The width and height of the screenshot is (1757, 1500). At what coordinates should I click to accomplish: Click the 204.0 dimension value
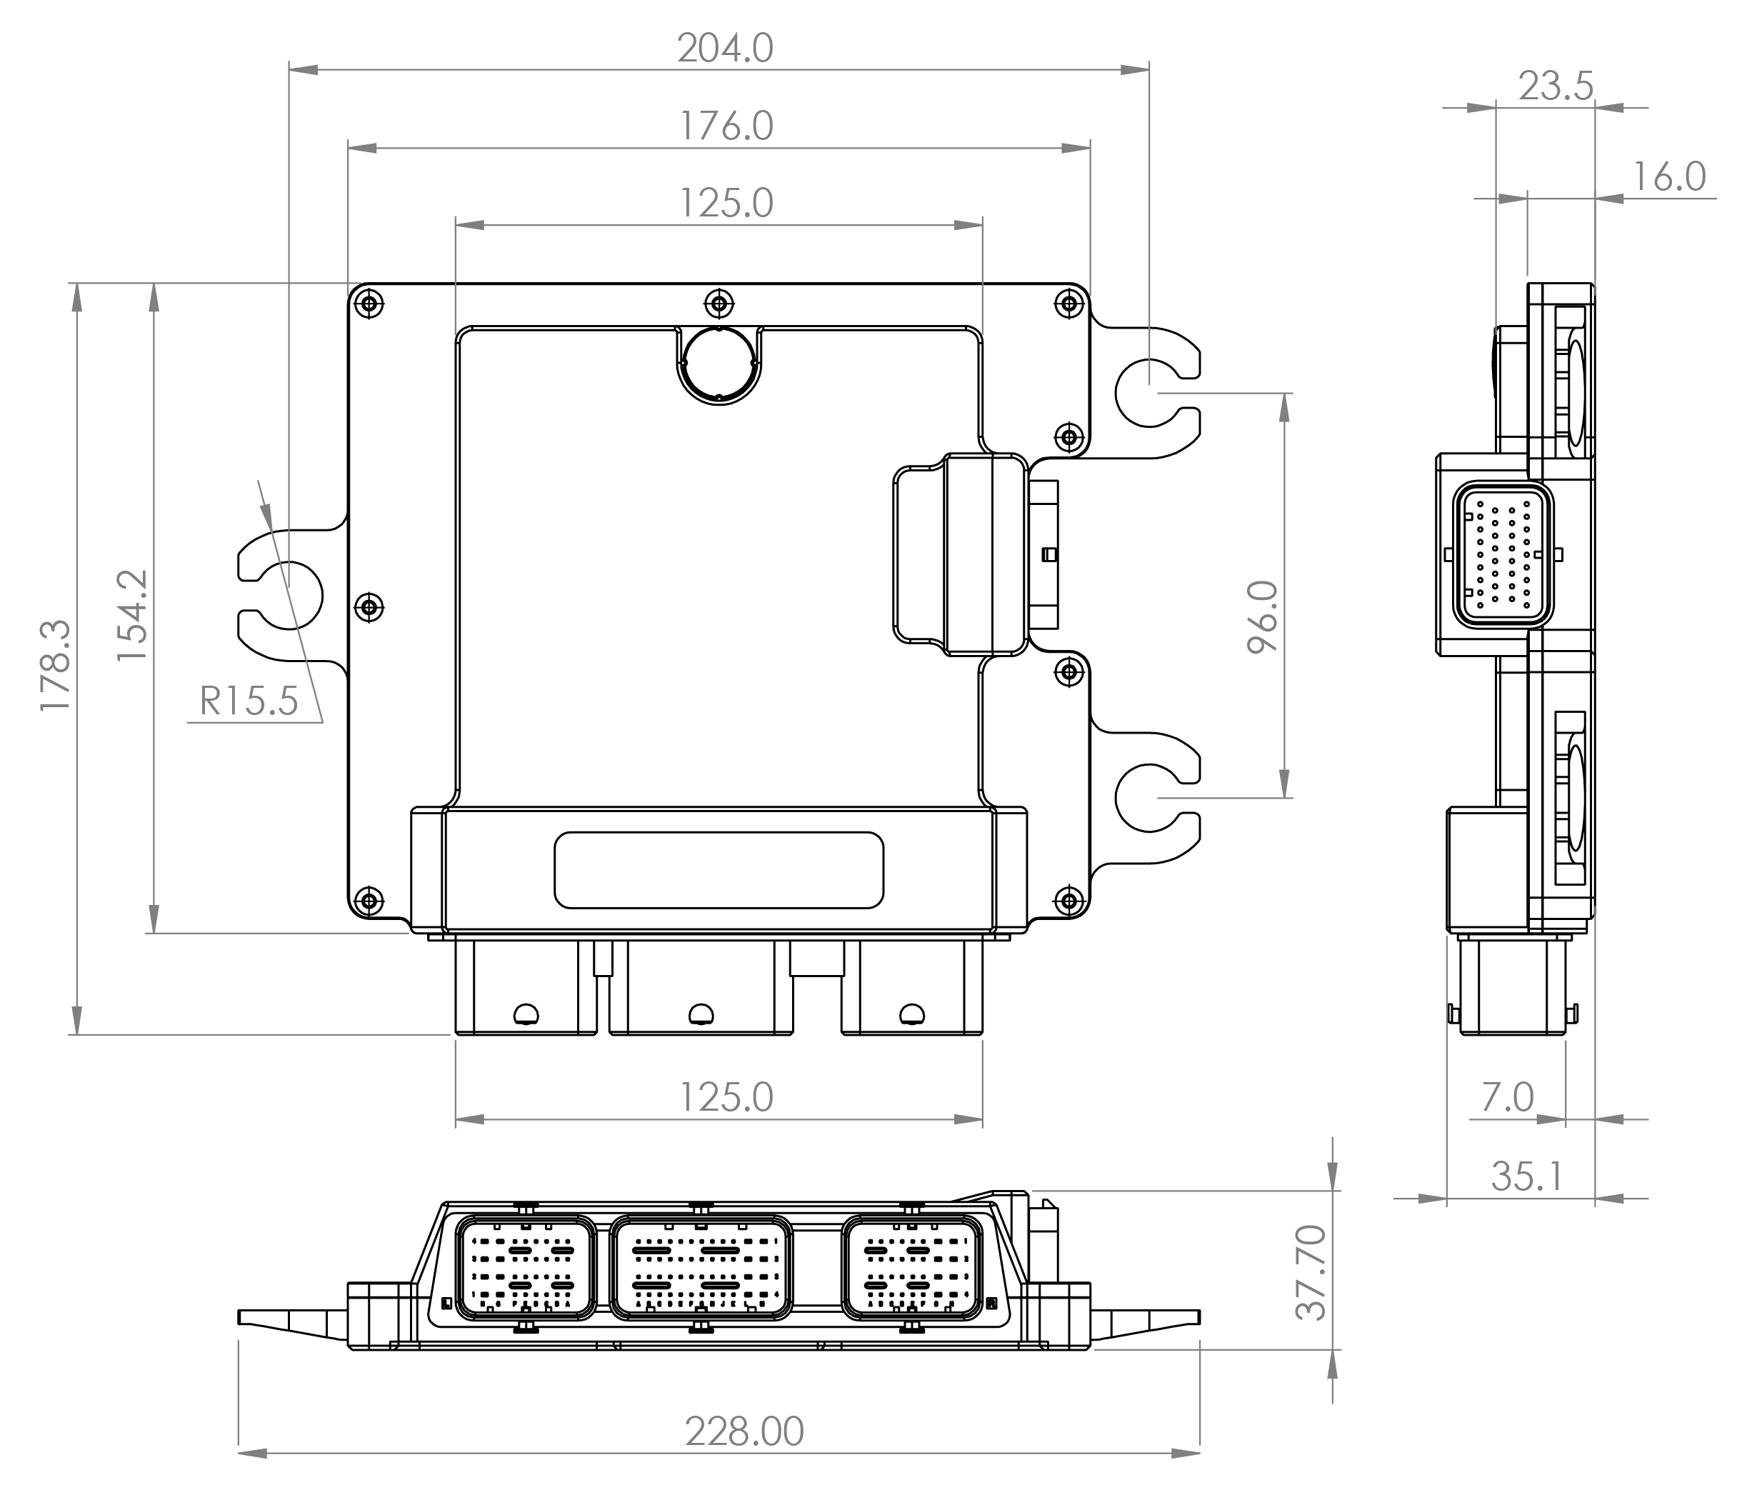tap(725, 49)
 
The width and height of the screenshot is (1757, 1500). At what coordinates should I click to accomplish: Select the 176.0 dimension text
tap(726, 126)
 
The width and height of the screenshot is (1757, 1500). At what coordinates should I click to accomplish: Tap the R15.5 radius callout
tap(249, 701)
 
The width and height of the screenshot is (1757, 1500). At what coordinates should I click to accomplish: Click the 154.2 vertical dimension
tap(132, 616)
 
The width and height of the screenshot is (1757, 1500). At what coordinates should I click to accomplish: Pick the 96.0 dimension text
tap(1263, 616)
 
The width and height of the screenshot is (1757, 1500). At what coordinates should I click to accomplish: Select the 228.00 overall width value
tap(744, 1432)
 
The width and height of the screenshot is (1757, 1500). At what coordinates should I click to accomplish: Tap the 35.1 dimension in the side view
tap(1526, 1176)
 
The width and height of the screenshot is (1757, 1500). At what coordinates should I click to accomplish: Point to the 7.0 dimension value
tap(1508, 1097)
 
